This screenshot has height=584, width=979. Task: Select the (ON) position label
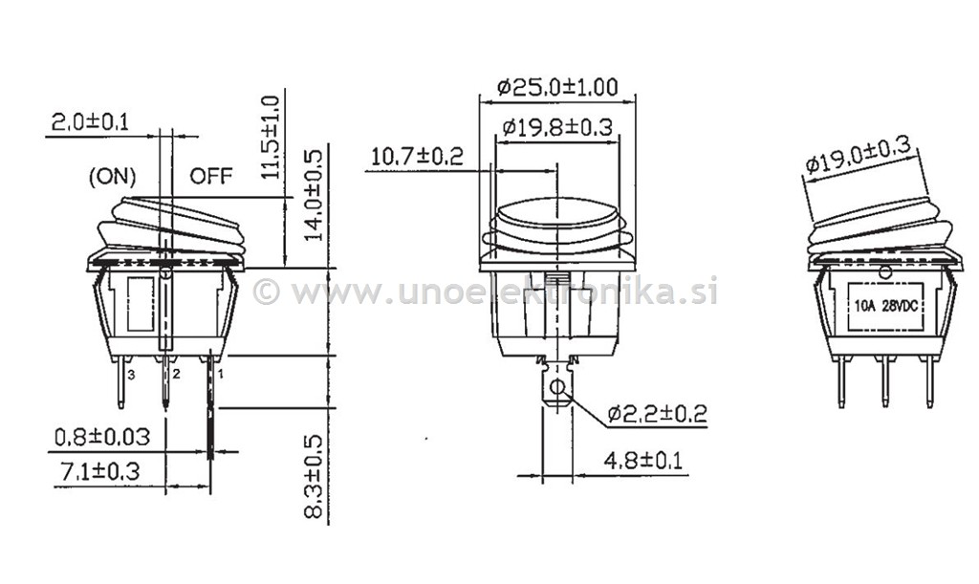click(x=113, y=176)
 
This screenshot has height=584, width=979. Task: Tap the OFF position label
click(x=211, y=176)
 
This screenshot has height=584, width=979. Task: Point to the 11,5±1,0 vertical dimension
click(x=272, y=138)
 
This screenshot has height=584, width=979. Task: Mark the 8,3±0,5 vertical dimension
click(x=315, y=476)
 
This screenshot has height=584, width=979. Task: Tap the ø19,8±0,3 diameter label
click(x=556, y=127)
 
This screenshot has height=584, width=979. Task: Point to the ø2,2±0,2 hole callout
click(x=657, y=414)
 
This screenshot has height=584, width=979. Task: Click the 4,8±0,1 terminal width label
click(x=643, y=461)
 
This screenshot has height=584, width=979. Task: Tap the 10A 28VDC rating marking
click(x=885, y=306)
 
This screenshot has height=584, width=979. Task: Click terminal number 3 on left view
click(x=131, y=375)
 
